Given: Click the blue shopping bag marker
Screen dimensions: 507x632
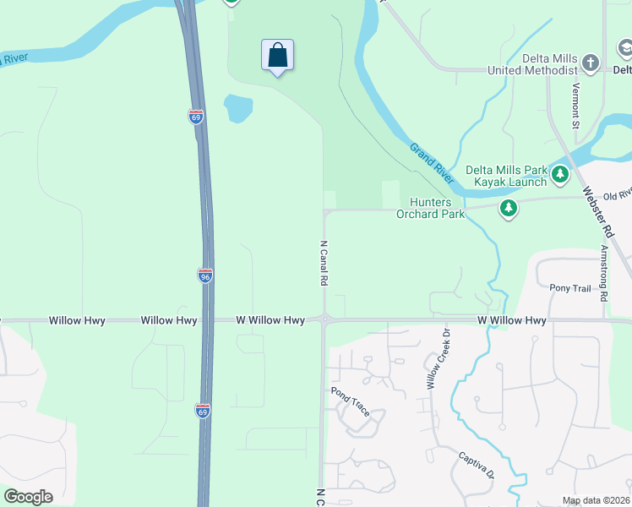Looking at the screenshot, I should pyautogui.click(x=277, y=56).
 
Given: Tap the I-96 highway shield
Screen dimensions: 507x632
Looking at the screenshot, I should pyautogui.click(x=205, y=275).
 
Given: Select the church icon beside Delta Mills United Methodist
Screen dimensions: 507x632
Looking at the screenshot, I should pyautogui.click(x=591, y=63).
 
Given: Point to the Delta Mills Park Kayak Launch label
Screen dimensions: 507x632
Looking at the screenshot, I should pyautogui.click(x=507, y=176).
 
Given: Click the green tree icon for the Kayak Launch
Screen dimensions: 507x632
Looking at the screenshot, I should pyautogui.click(x=559, y=175).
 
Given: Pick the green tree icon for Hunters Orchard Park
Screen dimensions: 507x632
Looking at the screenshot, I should pyautogui.click(x=508, y=208).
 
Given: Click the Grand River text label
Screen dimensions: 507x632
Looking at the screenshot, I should pyautogui.click(x=432, y=163).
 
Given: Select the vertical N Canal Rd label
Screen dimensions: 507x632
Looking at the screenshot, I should pyautogui.click(x=323, y=263).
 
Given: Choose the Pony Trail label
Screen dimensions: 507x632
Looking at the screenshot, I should pyautogui.click(x=569, y=288).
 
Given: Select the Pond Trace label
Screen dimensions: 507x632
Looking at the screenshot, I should pyautogui.click(x=351, y=403).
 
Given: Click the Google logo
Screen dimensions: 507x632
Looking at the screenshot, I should pyautogui.click(x=28, y=497).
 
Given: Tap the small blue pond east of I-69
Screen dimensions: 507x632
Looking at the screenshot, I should pyautogui.click(x=238, y=108).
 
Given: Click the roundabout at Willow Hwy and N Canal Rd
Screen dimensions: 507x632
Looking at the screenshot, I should pyautogui.click(x=324, y=320).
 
